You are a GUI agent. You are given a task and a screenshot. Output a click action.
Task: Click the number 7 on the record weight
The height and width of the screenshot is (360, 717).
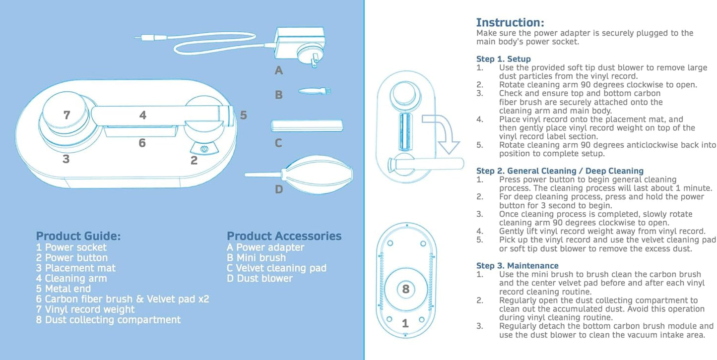(67, 115)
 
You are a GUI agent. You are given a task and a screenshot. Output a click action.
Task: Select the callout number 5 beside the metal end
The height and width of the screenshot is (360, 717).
(243, 115)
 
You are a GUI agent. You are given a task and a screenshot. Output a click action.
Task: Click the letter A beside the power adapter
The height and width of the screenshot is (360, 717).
(279, 70)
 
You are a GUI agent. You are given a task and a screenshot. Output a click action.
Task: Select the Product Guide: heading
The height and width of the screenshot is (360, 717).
(78, 236)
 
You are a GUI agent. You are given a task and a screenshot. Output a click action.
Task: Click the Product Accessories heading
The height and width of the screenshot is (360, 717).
(284, 236)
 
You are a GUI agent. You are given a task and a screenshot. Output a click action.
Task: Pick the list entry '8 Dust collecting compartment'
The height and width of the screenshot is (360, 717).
(108, 320)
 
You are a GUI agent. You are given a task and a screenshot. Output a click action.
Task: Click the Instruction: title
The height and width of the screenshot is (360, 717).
(510, 22)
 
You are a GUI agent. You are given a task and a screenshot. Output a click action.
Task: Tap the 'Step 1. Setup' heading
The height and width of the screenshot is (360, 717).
(503, 59)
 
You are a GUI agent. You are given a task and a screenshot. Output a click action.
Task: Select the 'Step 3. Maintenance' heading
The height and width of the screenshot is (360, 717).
(517, 266)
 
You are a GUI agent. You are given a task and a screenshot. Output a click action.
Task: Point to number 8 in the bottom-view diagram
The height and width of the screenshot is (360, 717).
(405, 289)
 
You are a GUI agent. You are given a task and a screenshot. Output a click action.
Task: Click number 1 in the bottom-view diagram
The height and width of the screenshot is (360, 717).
(405, 324)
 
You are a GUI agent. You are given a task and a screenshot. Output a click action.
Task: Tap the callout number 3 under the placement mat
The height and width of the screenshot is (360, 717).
(66, 159)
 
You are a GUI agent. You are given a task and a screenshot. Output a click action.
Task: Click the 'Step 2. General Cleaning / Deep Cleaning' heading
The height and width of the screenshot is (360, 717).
(560, 171)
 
